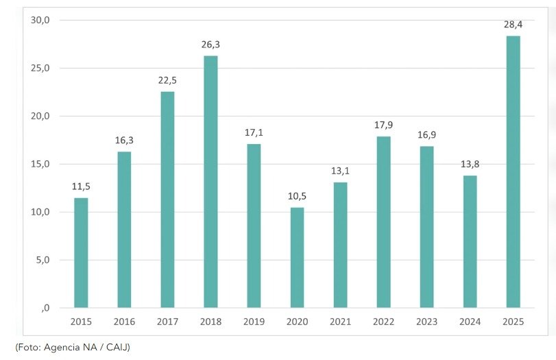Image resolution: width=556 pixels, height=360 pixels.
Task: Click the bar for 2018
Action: point(210,182)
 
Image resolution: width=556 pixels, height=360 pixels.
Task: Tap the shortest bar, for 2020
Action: point(297,257)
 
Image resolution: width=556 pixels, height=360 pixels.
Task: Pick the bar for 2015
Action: point(81,252)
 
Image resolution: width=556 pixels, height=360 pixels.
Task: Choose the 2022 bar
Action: point(383,221)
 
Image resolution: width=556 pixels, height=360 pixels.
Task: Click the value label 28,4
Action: point(513,25)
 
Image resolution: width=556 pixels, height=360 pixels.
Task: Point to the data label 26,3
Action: point(210,45)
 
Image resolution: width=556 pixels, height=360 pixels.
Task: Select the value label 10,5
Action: point(297,196)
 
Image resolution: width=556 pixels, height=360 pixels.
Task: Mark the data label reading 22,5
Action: point(167,80)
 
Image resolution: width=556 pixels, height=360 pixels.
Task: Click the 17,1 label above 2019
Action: point(254,132)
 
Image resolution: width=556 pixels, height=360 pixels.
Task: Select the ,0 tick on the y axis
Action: point(45,308)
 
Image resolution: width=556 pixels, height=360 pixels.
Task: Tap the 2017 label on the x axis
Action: point(167,321)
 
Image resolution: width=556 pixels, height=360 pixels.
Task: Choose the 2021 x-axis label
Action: point(340,321)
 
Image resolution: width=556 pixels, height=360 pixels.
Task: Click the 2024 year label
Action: point(470,321)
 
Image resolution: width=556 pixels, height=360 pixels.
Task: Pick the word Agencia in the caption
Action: point(62,347)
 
